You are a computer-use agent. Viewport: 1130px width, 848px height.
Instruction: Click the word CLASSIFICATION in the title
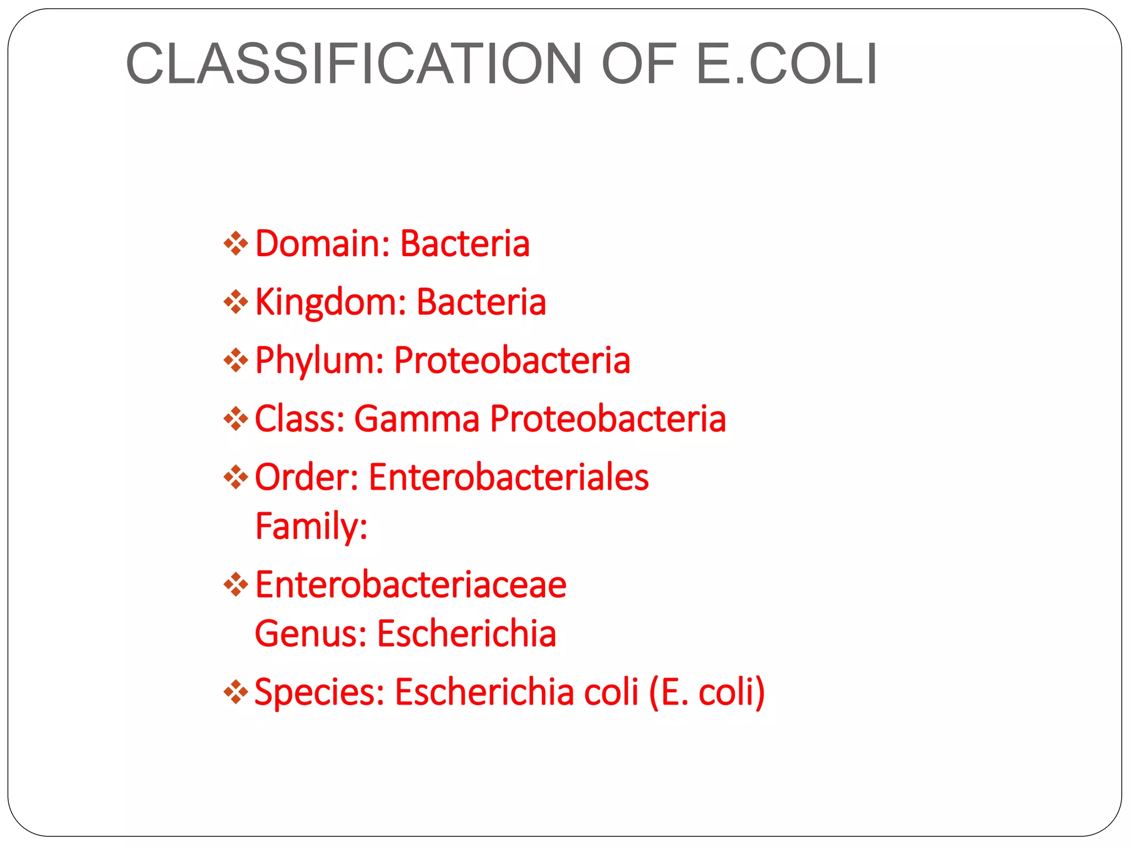(x=354, y=64)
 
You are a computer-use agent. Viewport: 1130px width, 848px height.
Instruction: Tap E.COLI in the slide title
(x=787, y=64)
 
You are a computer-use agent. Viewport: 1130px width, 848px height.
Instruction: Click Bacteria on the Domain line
(x=465, y=243)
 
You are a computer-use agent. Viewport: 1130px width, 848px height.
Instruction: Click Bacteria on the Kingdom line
(x=481, y=302)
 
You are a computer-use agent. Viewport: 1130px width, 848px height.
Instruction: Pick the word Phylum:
(x=319, y=360)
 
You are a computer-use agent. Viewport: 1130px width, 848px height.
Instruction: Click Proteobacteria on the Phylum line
(x=512, y=360)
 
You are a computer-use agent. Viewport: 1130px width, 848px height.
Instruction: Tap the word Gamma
(x=417, y=418)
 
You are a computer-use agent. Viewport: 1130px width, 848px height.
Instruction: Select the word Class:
(x=300, y=418)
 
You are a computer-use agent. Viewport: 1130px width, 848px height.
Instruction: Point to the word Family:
(x=311, y=526)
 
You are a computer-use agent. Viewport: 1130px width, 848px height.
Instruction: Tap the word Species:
(x=319, y=692)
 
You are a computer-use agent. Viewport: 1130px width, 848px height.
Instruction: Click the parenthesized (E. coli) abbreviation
(x=707, y=692)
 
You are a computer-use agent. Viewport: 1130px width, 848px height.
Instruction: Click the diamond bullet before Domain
(x=236, y=243)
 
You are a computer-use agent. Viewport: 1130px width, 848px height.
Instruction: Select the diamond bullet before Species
(x=236, y=692)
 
